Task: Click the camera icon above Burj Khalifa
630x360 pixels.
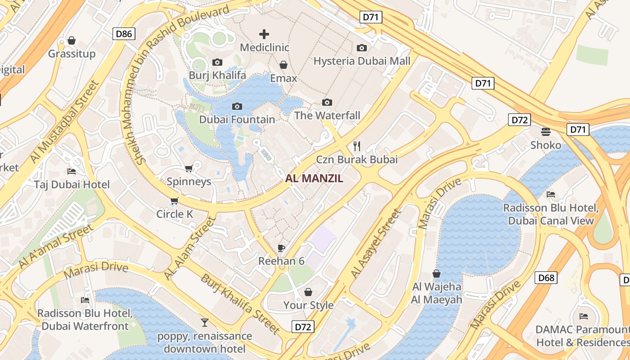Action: [x=217, y=62]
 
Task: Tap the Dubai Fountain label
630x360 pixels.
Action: [x=237, y=119]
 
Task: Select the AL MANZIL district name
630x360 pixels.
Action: [x=314, y=178]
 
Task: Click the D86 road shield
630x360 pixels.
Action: [x=124, y=33]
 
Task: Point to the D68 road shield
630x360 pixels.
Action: [x=546, y=278]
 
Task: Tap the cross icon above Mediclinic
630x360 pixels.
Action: [x=264, y=34]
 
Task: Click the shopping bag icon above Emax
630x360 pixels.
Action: [x=283, y=65]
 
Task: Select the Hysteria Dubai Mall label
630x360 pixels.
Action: [x=362, y=61]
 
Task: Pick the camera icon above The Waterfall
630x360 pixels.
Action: [x=327, y=103]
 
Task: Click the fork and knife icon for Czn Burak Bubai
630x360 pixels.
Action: [x=357, y=146]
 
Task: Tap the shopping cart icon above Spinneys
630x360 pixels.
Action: [x=189, y=168]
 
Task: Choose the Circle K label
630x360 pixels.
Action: [x=175, y=214]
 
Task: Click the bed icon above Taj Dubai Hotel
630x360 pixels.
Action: [x=72, y=171]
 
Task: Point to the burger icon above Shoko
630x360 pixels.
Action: [x=546, y=131]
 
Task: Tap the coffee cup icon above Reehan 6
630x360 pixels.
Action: [x=281, y=248]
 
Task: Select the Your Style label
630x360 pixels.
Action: [x=308, y=305]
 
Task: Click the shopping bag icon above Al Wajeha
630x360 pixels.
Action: [x=436, y=273]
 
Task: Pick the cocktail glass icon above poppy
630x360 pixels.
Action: [x=205, y=322]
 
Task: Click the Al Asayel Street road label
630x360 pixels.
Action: [x=375, y=243]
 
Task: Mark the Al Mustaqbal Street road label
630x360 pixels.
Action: [x=64, y=122]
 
